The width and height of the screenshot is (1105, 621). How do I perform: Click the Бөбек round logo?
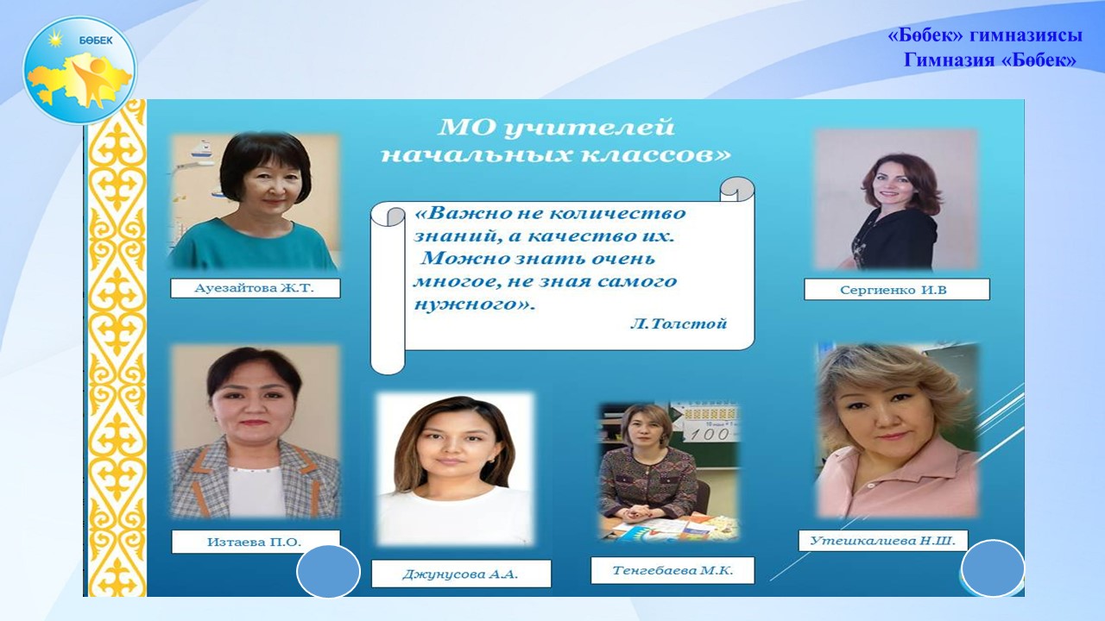pyautogui.click(x=80, y=70)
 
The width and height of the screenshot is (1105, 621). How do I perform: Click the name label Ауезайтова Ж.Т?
pyautogui.click(x=255, y=288)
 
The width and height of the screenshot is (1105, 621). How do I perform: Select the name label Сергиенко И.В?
pyautogui.click(x=897, y=290)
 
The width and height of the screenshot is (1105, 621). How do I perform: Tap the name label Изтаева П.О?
pyautogui.click(x=256, y=543)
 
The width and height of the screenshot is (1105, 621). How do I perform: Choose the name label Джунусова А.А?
pyautogui.click(x=461, y=574)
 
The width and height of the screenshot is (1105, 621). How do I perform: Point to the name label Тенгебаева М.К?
pyautogui.click(x=672, y=571)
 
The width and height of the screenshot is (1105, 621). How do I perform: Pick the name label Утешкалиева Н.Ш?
pyautogui.click(x=883, y=541)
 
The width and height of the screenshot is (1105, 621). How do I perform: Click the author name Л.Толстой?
pyautogui.click(x=679, y=323)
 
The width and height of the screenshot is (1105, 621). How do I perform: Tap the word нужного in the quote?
pyautogui.click(x=469, y=304)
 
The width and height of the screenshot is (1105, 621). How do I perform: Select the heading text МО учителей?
pyautogui.click(x=556, y=128)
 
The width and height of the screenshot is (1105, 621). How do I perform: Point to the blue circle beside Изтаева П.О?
pyautogui.click(x=329, y=572)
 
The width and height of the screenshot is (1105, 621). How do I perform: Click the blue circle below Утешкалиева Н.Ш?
pyautogui.click(x=993, y=568)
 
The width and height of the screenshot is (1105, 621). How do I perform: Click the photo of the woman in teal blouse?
pyautogui.click(x=255, y=201)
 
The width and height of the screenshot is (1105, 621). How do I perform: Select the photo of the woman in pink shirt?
pyautogui.click(x=897, y=430)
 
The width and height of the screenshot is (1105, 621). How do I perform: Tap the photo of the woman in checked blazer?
pyautogui.click(x=255, y=432)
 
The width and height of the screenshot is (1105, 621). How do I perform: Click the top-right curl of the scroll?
pyautogui.click(x=737, y=189)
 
